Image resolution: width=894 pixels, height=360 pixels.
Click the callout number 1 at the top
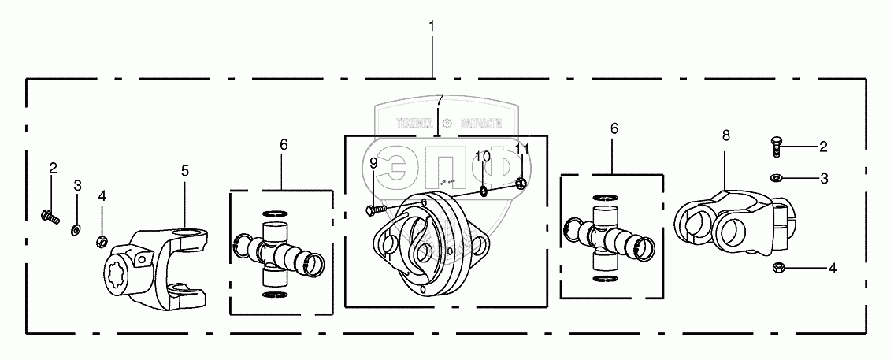[432, 26]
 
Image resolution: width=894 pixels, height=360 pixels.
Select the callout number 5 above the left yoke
[185, 169]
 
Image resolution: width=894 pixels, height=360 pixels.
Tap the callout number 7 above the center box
[440, 100]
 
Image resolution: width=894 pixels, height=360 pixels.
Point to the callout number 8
[725, 135]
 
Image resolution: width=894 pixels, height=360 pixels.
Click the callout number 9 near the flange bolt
[373, 164]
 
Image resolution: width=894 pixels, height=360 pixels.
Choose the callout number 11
[521, 149]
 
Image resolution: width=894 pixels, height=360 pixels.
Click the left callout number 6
[284, 144]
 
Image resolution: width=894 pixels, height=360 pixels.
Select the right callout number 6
[614, 128]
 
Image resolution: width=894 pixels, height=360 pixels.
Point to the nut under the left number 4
[102, 240]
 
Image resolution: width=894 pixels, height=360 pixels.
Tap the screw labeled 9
[376, 209]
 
